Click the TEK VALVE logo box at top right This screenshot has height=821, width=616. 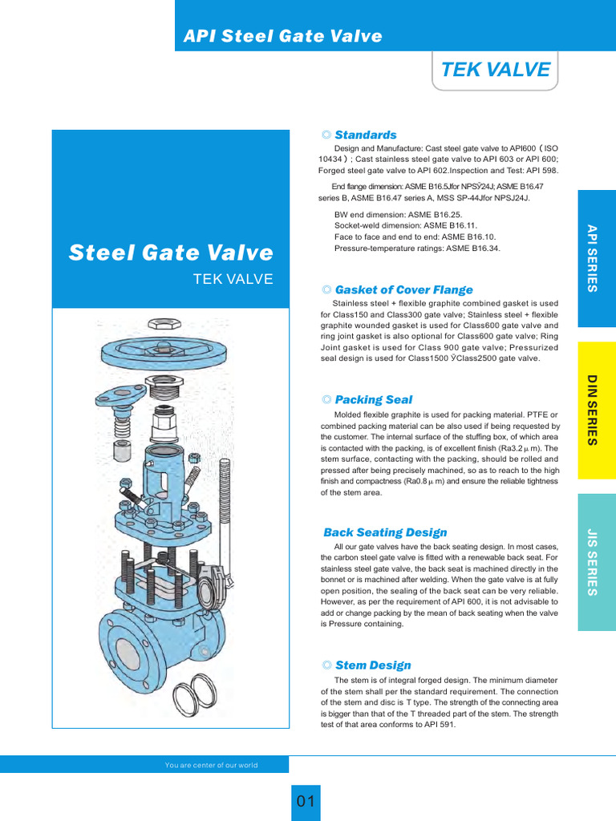tap(495, 70)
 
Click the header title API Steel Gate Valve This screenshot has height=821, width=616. tap(283, 36)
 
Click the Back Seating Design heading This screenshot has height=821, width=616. tap(385, 532)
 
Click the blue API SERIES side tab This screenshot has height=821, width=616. tap(596, 258)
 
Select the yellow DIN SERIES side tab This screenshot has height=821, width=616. tap(596, 409)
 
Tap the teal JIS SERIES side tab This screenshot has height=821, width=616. tap(596, 561)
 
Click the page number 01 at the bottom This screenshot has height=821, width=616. tap(306, 802)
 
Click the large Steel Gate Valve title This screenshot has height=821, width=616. tap(171, 253)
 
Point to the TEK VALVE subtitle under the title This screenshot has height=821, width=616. tap(233, 279)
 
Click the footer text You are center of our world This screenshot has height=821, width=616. tap(212, 765)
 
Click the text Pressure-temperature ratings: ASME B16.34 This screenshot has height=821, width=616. tap(416, 249)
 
